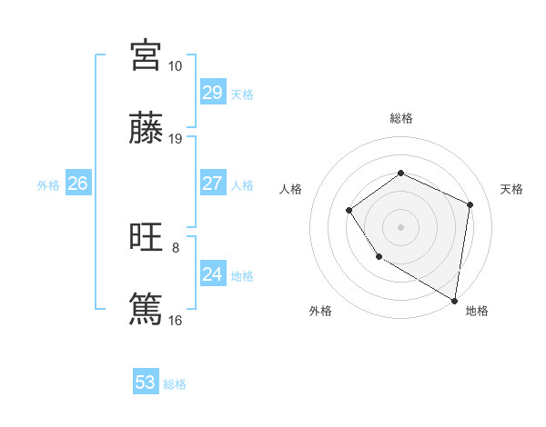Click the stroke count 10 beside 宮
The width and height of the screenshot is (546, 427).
coord(176,66)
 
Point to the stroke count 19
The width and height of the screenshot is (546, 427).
coord(176,139)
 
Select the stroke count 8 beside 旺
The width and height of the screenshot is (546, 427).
coord(176,246)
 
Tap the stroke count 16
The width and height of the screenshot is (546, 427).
coord(176,320)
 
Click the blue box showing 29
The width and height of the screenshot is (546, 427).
coord(212,92)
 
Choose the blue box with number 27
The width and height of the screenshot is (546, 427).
coord(212,183)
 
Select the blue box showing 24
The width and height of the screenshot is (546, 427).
coord(212,273)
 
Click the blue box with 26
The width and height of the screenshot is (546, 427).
coord(77,183)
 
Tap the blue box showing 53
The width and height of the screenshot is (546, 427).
coord(146,382)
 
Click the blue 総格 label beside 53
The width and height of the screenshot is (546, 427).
coord(175,384)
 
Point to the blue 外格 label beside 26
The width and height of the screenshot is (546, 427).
coord(48,185)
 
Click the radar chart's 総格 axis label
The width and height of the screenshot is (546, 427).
coord(400,118)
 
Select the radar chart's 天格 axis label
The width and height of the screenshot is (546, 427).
coord(511,189)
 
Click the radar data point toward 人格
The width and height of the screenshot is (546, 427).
coord(349,211)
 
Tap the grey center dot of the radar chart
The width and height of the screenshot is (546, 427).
coord(400,226)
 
